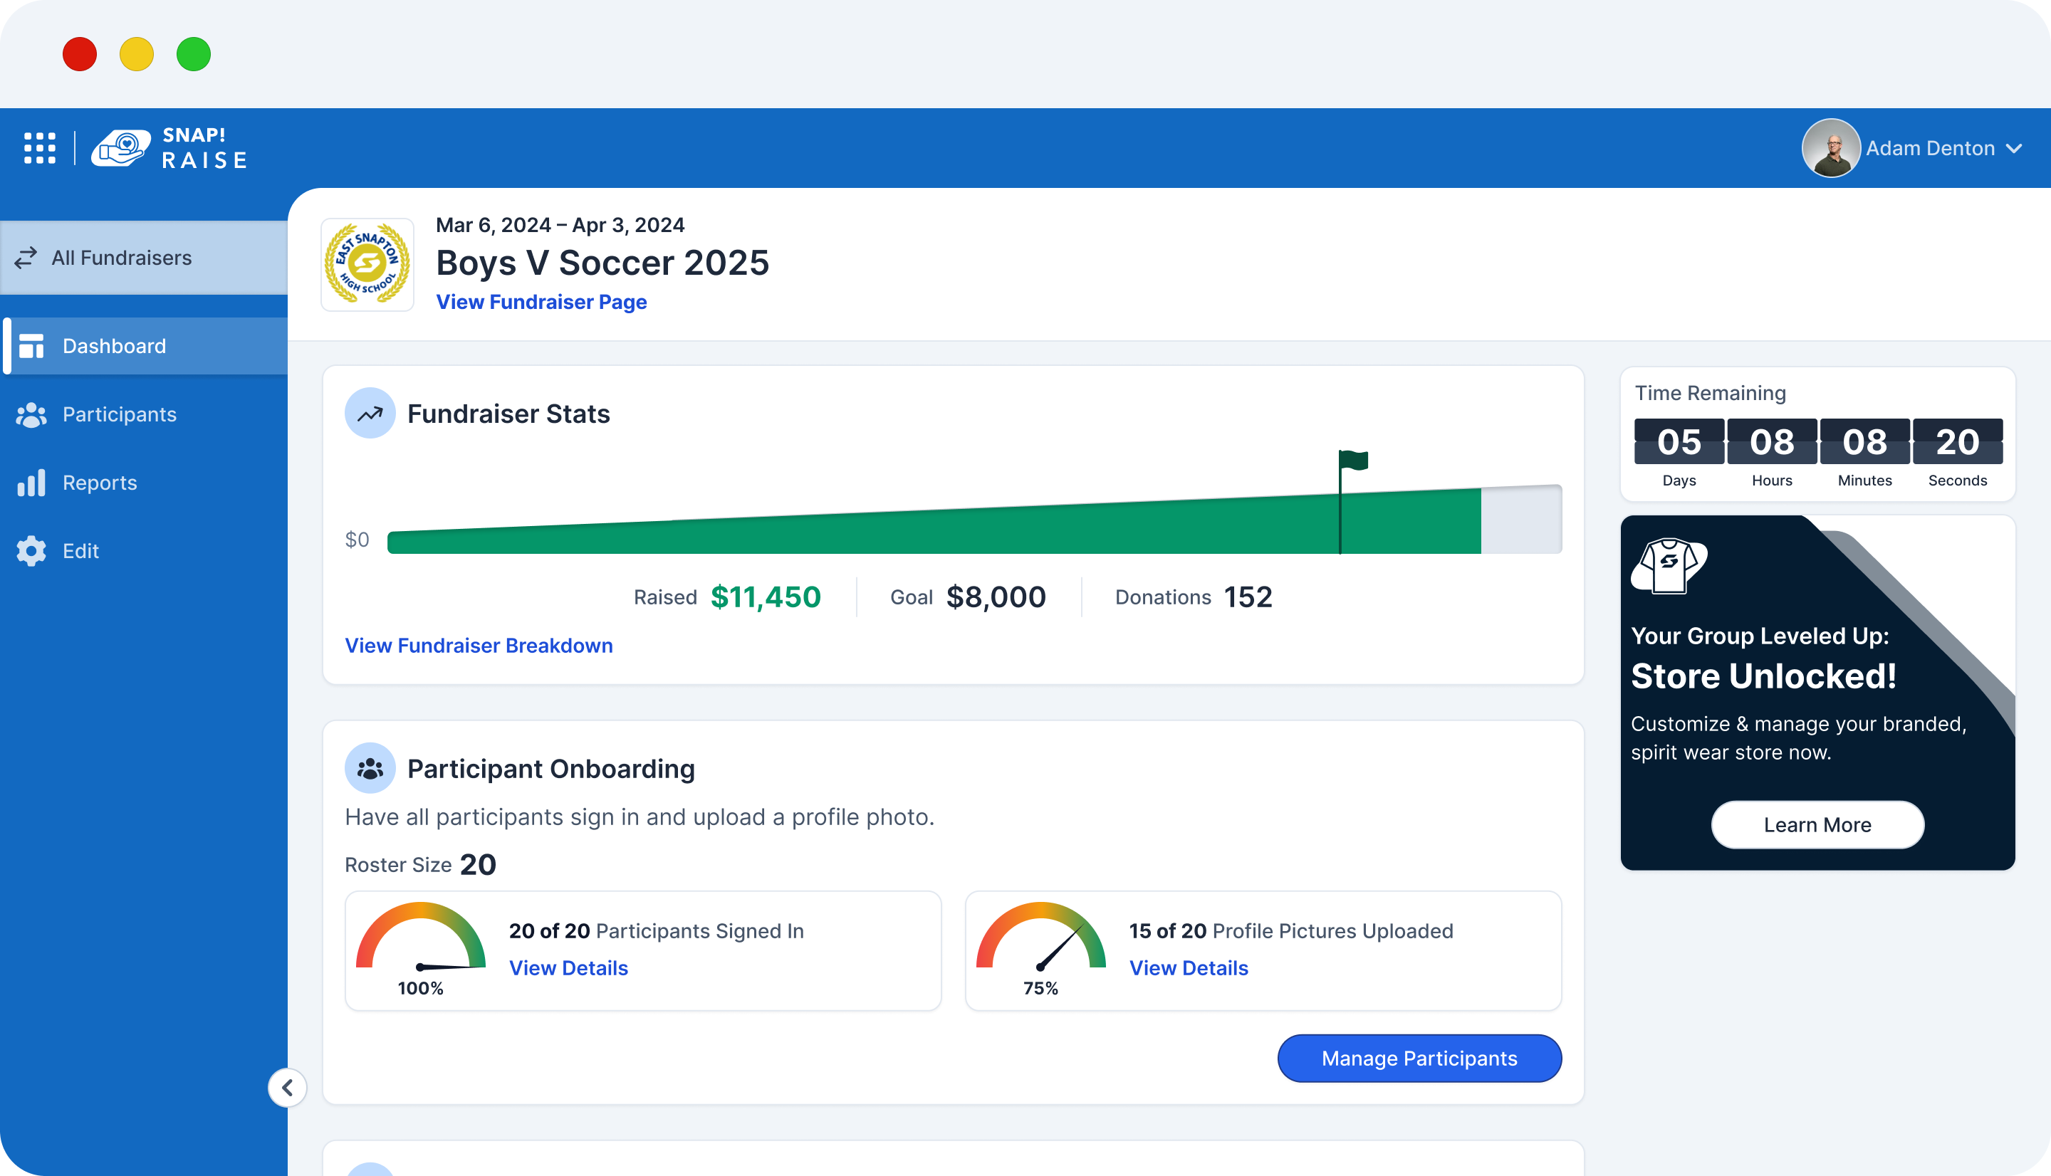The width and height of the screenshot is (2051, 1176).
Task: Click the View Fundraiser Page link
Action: pyautogui.click(x=541, y=302)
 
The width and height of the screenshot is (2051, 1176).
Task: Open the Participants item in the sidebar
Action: pyautogui.click(x=119, y=414)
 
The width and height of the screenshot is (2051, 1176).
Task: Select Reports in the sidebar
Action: pyautogui.click(x=100, y=483)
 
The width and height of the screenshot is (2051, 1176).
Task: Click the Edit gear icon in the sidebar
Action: pyautogui.click(x=31, y=551)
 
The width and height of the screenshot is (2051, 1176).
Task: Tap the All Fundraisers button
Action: pyautogui.click(x=121, y=258)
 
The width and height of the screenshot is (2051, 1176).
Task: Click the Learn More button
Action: pyautogui.click(x=1817, y=824)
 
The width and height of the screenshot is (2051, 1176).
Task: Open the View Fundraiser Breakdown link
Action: pyautogui.click(x=479, y=646)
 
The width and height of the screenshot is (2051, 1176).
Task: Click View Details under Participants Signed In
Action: pyautogui.click(x=568, y=967)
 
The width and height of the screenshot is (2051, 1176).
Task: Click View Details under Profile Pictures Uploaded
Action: pyautogui.click(x=1187, y=967)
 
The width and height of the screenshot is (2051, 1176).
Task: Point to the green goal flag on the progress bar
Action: pyautogui.click(x=1354, y=461)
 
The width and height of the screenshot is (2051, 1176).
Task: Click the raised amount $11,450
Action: pyautogui.click(x=765, y=597)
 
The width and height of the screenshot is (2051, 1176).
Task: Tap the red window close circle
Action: pyautogui.click(x=80, y=54)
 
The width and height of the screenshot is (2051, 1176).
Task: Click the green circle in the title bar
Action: pyautogui.click(x=194, y=54)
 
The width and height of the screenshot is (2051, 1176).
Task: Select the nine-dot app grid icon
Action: pyautogui.click(x=40, y=149)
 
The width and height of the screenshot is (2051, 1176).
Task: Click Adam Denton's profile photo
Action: pyautogui.click(x=1830, y=148)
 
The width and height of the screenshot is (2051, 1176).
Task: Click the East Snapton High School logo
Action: pyautogui.click(x=367, y=264)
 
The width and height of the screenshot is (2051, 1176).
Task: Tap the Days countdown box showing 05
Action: pyautogui.click(x=1679, y=442)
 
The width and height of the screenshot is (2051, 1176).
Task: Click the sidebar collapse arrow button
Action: pyautogui.click(x=287, y=1088)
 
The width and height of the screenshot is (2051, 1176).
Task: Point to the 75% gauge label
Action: pyautogui.click(x=1040, y=989)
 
